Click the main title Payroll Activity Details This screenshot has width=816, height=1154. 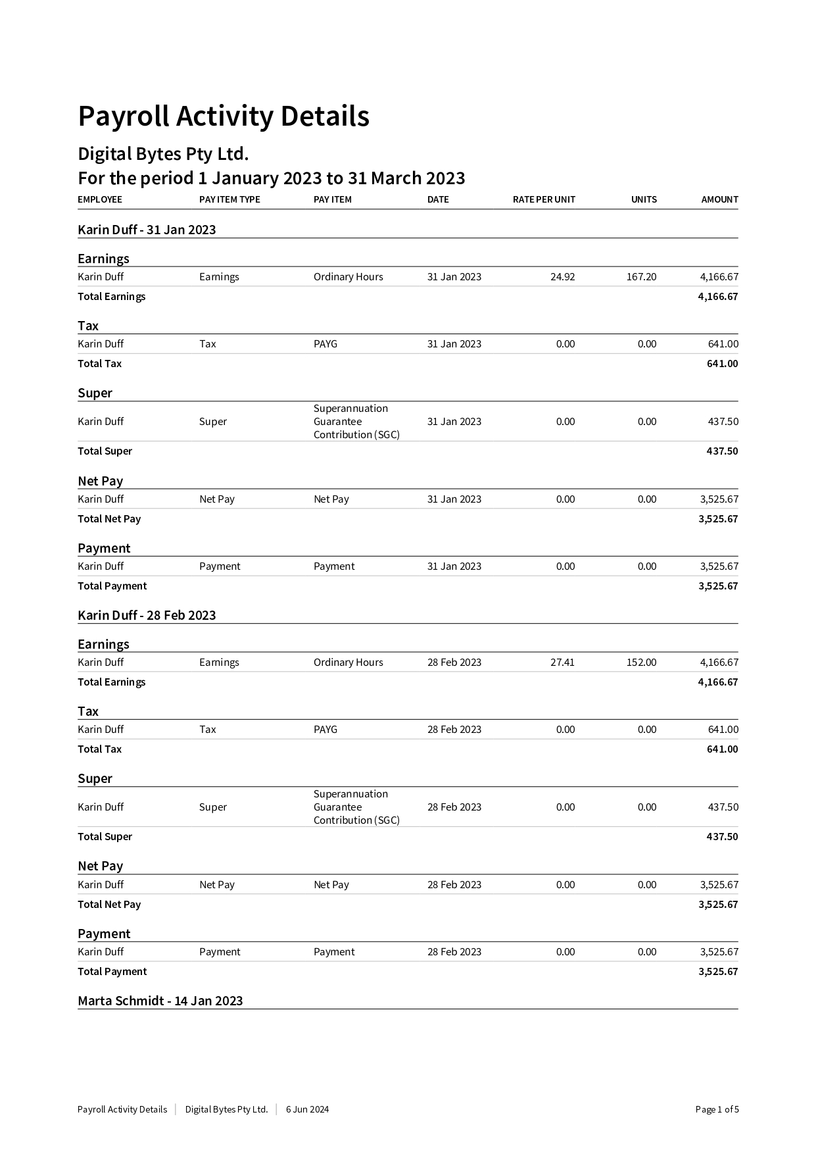[224, 116]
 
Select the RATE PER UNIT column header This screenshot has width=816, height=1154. [544, 199]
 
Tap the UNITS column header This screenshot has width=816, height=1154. [644, 199]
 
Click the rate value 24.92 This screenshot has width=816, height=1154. [562, 277]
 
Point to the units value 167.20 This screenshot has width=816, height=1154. [641, 277]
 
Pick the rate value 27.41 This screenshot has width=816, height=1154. [562, 663]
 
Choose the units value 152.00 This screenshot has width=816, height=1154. [641, 663]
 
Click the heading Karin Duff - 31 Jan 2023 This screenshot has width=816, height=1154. [147, 230]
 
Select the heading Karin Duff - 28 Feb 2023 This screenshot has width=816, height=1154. [147, 615]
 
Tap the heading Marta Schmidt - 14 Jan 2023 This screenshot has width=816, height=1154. [160, 1001]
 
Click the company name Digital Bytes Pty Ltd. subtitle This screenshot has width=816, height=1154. [163, 154]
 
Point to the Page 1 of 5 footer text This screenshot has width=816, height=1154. [717, 1109]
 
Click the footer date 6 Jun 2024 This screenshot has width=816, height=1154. [307, 1109]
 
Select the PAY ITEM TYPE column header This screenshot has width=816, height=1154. [229, 199]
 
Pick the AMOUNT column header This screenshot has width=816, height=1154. [719, 199]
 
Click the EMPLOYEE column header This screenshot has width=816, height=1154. [100, 199]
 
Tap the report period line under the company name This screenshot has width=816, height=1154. [271, 178]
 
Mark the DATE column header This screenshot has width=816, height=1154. [438, 199]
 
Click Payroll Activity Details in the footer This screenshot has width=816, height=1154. [122, 1109]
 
